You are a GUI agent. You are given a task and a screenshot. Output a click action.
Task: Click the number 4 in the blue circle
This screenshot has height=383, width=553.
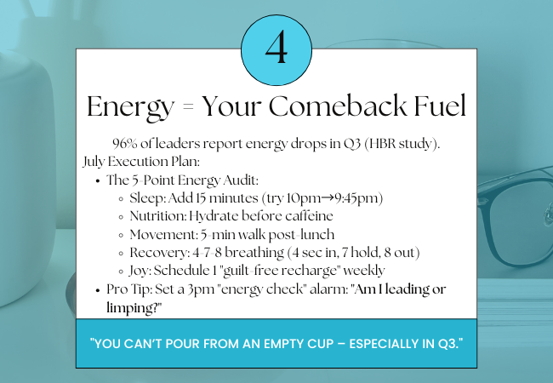(276, 47)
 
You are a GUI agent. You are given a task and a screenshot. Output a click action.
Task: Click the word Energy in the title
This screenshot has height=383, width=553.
(131, 107)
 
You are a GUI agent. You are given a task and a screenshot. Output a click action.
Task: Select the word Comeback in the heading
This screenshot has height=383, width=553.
(338, 105)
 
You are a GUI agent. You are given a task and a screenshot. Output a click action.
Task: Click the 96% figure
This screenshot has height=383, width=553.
(125, 144)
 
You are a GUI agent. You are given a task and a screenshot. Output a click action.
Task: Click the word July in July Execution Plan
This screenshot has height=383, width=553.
(94, 162)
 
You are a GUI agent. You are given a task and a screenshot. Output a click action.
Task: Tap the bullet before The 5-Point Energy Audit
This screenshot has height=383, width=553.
(98, 181)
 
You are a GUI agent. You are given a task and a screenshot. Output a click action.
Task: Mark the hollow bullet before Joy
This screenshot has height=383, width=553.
(121, 272)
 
